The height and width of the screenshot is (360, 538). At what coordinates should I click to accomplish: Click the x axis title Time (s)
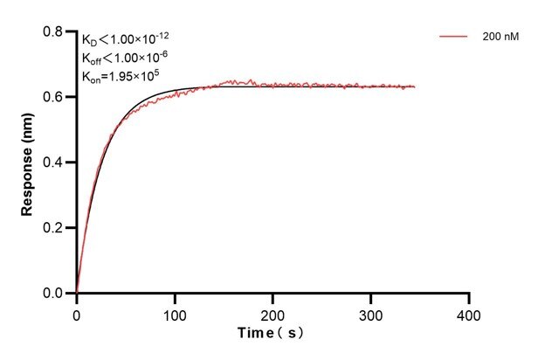coord(272,334)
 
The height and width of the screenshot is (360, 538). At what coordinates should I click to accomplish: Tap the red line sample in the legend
coord(455,38)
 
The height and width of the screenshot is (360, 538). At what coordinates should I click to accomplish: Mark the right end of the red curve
coord(415,87)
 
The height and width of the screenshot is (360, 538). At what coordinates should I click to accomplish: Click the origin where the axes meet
coord(77,294)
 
